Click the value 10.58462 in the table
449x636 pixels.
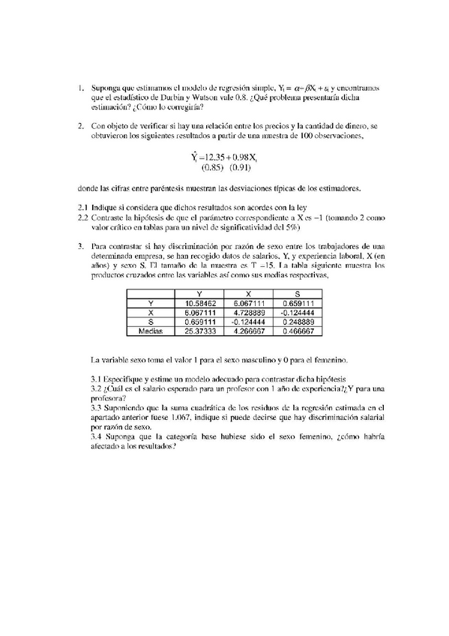coord(199,302)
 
